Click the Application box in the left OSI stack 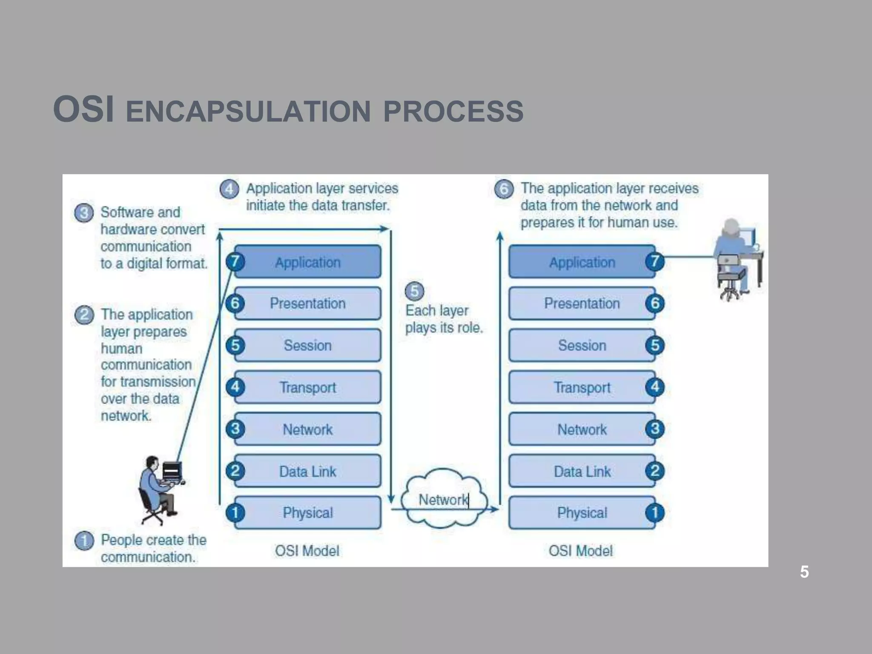click(x=307, y=262)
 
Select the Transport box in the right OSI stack click(x=582, y=387)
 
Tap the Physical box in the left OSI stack click(x=307, y=513)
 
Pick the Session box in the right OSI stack click(x=582, y=345)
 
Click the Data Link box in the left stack click(x=307, y=471)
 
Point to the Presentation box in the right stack click(x=582, y=303)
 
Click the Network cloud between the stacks click(x=443, y=499)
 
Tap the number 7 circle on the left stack click(x=235, y=261)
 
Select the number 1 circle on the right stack click(x=655, y=513)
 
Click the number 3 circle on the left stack click(x=235, y=429)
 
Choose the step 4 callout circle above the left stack click(x=229, y=189)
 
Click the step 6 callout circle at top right click(x=504, y=189)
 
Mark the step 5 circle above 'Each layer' click(x=414, y=291)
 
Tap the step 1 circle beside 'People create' click(x=84, y=541)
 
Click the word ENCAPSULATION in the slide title click(x=248, y=112)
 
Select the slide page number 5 click(x=804, y=572)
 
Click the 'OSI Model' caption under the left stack click(x=307, y=551)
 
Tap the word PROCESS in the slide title click(x=453, y=112)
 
